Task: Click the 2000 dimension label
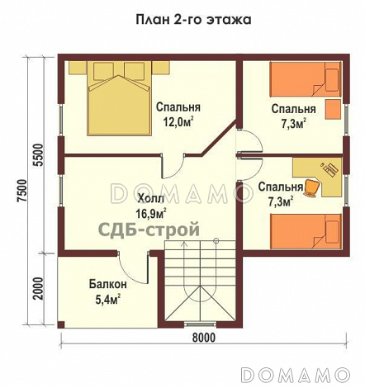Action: (x=38, y=290)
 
